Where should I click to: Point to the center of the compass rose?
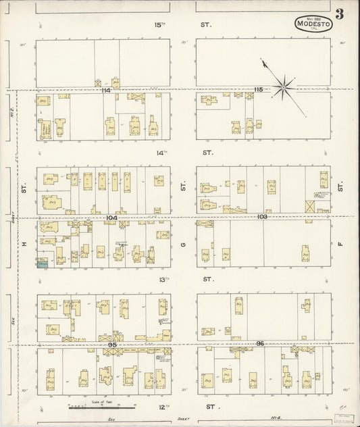[284, 85]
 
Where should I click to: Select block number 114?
[105, 90]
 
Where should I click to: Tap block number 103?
[262, 217]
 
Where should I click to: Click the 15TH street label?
[159, 25]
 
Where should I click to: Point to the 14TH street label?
[161, 153]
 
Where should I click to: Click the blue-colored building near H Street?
[43, 263]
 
